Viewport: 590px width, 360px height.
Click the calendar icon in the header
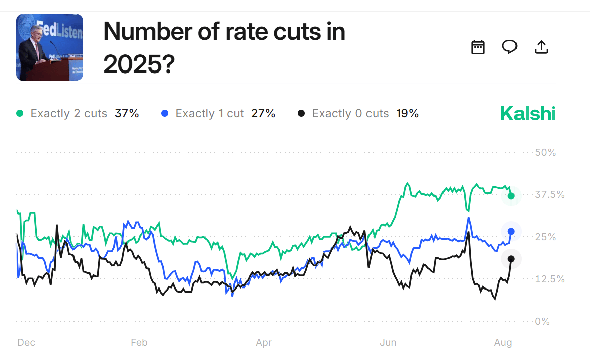point(478,47)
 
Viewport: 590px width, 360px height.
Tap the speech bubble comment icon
point(509,47)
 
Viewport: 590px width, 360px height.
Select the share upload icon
point(541,47)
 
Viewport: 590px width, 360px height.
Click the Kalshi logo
point(528,114)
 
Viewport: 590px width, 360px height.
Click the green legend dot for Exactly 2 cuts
point(20,114)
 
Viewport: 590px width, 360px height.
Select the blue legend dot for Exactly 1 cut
point(165,114)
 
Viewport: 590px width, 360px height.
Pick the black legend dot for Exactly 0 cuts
point(301,114)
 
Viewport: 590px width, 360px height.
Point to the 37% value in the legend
point(127,114)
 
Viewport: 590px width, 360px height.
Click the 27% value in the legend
point(263,114)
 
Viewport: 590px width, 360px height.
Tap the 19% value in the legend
point(408,114)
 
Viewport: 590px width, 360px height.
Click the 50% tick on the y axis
point(545,152)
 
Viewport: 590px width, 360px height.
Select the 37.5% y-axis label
point(549,195)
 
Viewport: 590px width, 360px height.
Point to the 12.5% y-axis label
point(549,279)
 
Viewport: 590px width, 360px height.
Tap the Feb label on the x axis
point(139,343)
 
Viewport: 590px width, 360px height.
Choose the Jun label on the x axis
point(388,343)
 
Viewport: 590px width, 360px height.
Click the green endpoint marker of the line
point(511,196)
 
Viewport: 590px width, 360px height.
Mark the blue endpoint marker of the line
point(511,232)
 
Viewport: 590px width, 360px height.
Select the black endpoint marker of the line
point(511,259)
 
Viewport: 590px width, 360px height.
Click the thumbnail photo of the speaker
point(49,47)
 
